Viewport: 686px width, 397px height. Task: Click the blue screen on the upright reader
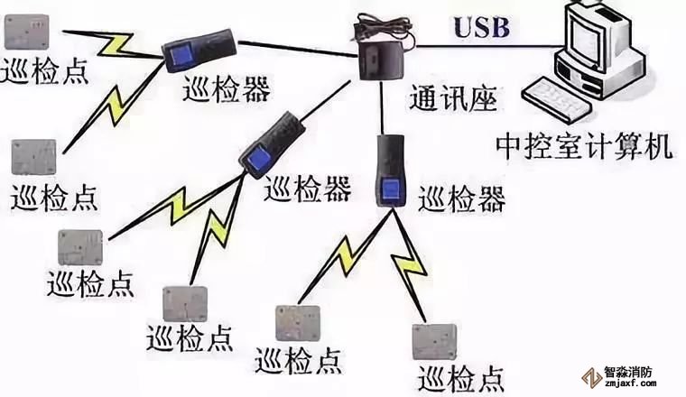coord(392,191)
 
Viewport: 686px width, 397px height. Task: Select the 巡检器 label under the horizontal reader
coord(226,88)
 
